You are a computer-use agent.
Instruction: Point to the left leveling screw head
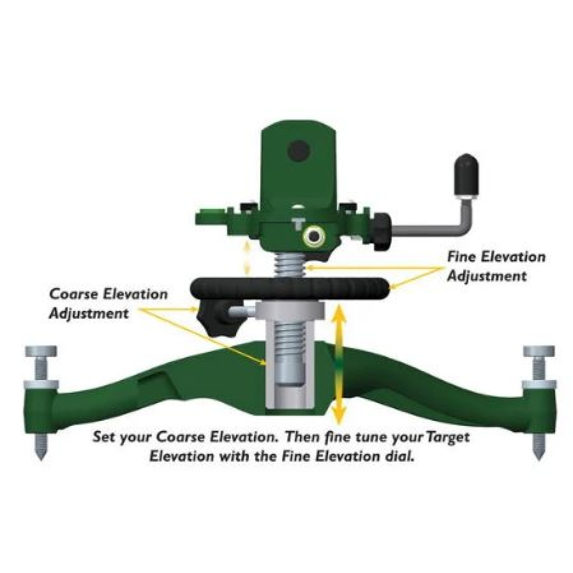40,352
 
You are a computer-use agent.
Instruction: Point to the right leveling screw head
539,351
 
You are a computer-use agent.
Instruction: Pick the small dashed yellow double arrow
245,256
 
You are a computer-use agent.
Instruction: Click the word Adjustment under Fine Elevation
486,276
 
